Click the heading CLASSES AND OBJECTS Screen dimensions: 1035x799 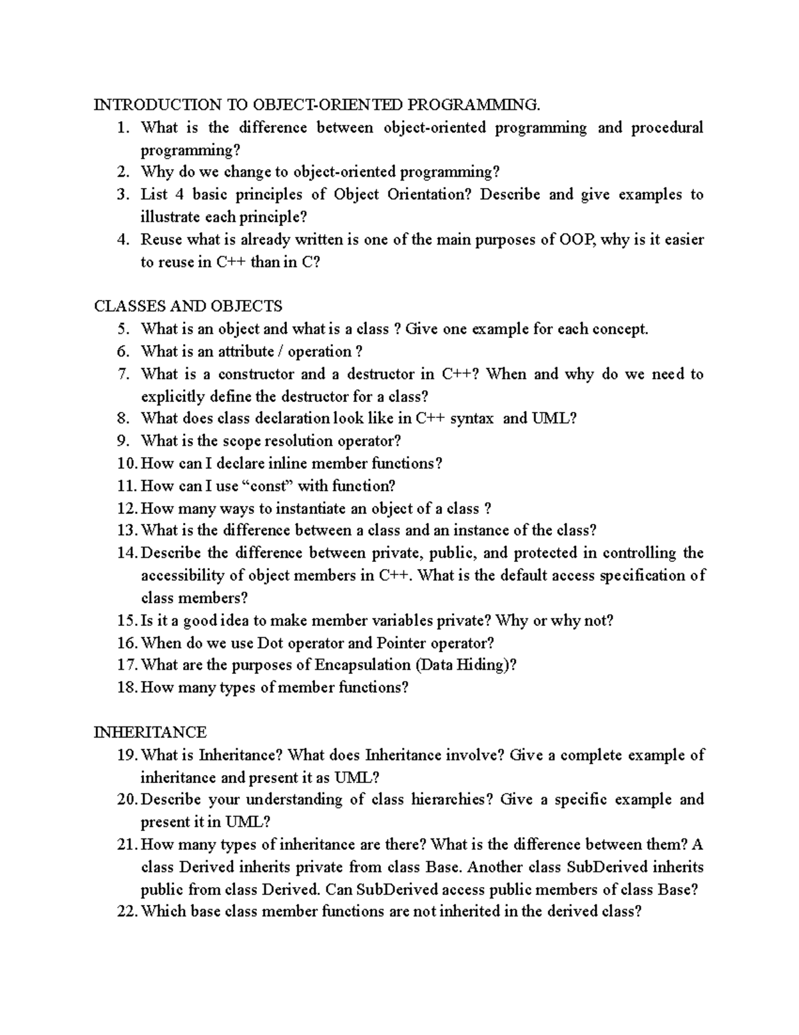[188, 306]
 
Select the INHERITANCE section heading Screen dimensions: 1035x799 [150, 732]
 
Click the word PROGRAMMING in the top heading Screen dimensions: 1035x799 [471, 105]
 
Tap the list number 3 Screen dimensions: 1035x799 [122, 195]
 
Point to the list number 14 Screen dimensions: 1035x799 [126, 553]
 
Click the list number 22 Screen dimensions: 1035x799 [126, 912]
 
